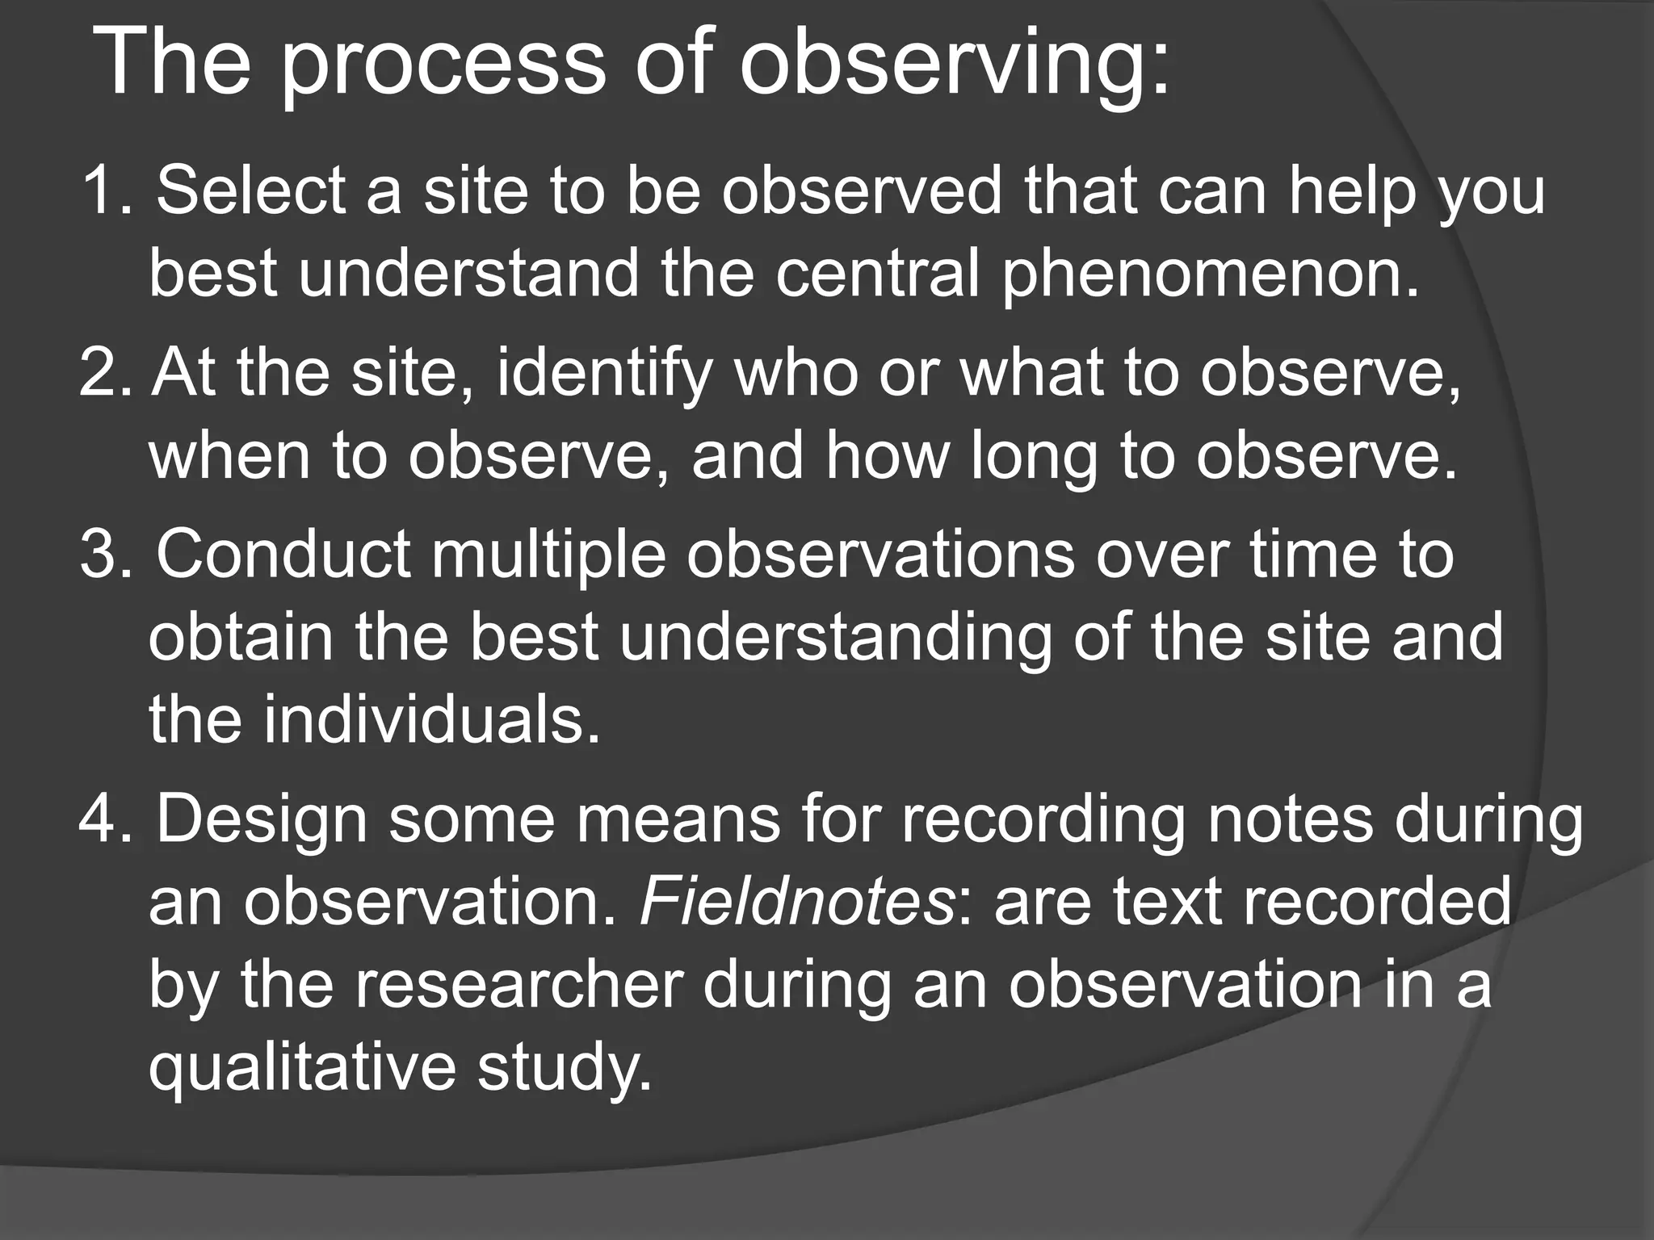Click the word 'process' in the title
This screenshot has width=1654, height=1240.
click(x=443, y=66)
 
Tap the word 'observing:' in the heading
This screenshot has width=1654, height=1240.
click(x=955, y=66)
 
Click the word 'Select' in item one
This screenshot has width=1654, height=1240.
click(x=250, y=191)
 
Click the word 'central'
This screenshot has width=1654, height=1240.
click(x=878, y=273)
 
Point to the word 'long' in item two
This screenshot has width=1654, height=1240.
click(x=1035, y=457)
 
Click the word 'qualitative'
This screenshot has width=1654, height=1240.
click(x=302, y=1067)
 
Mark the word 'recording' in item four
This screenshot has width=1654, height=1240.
click(x=1043, y=821)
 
